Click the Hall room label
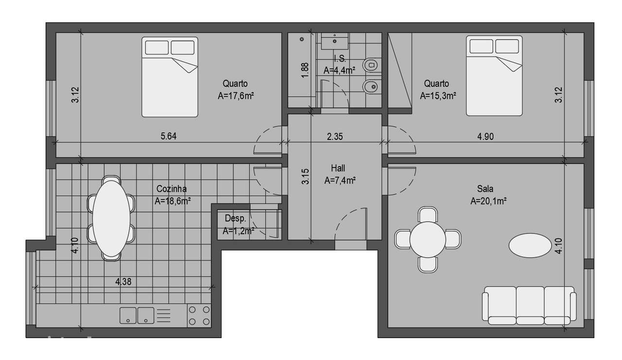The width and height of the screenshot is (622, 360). pos(338,168)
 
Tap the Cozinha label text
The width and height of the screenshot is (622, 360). pos(172,189)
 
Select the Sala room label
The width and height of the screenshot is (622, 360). pos(485,189)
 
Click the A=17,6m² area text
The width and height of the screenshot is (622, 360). pos(236,96)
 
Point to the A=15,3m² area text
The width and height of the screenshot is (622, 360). pos(438,96)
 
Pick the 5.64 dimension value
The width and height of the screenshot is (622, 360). pos(169,136)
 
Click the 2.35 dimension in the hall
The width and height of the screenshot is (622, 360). pos(335,137)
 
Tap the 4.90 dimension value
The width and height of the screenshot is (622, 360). pos(485,137)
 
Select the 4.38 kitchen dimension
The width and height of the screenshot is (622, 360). pos(123,282)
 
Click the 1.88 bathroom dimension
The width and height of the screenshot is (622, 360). pos(305,70)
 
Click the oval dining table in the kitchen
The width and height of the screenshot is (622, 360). pos(111,219)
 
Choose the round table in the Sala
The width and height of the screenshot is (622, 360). pos(428,239)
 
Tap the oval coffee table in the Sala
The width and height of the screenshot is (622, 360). pos(530,245)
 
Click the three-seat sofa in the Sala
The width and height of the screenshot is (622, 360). pos(529,305)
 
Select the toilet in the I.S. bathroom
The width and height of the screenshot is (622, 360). pos(372,65)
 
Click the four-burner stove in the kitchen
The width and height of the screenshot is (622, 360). pos(199,316)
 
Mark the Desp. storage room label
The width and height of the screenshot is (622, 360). pos(236,219)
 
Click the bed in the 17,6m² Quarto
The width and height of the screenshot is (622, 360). pos(170,77)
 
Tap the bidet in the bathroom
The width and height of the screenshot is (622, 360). pos(372,86)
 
